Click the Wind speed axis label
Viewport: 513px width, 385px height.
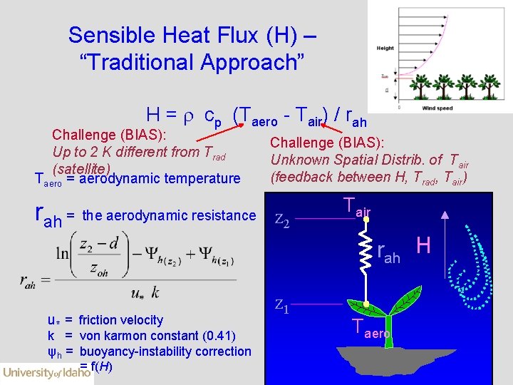pos(437,108)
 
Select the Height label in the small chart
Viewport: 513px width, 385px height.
pos(385,48)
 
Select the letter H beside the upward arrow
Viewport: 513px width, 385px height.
pos(423,246)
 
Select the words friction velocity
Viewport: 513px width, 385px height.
pos(120,320)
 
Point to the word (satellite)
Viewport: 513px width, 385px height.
pos(81,168)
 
